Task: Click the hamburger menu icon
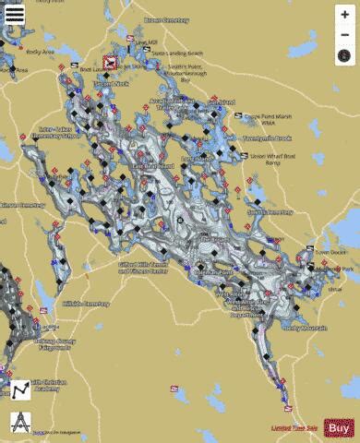click(16, 15)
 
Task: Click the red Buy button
click(339, 427)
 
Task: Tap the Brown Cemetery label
click(166, 18)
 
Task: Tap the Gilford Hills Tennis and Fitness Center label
click(143, 267)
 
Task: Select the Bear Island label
click(153, 167)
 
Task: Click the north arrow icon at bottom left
click(18, 422)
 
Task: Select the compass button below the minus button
click(344, 56)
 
